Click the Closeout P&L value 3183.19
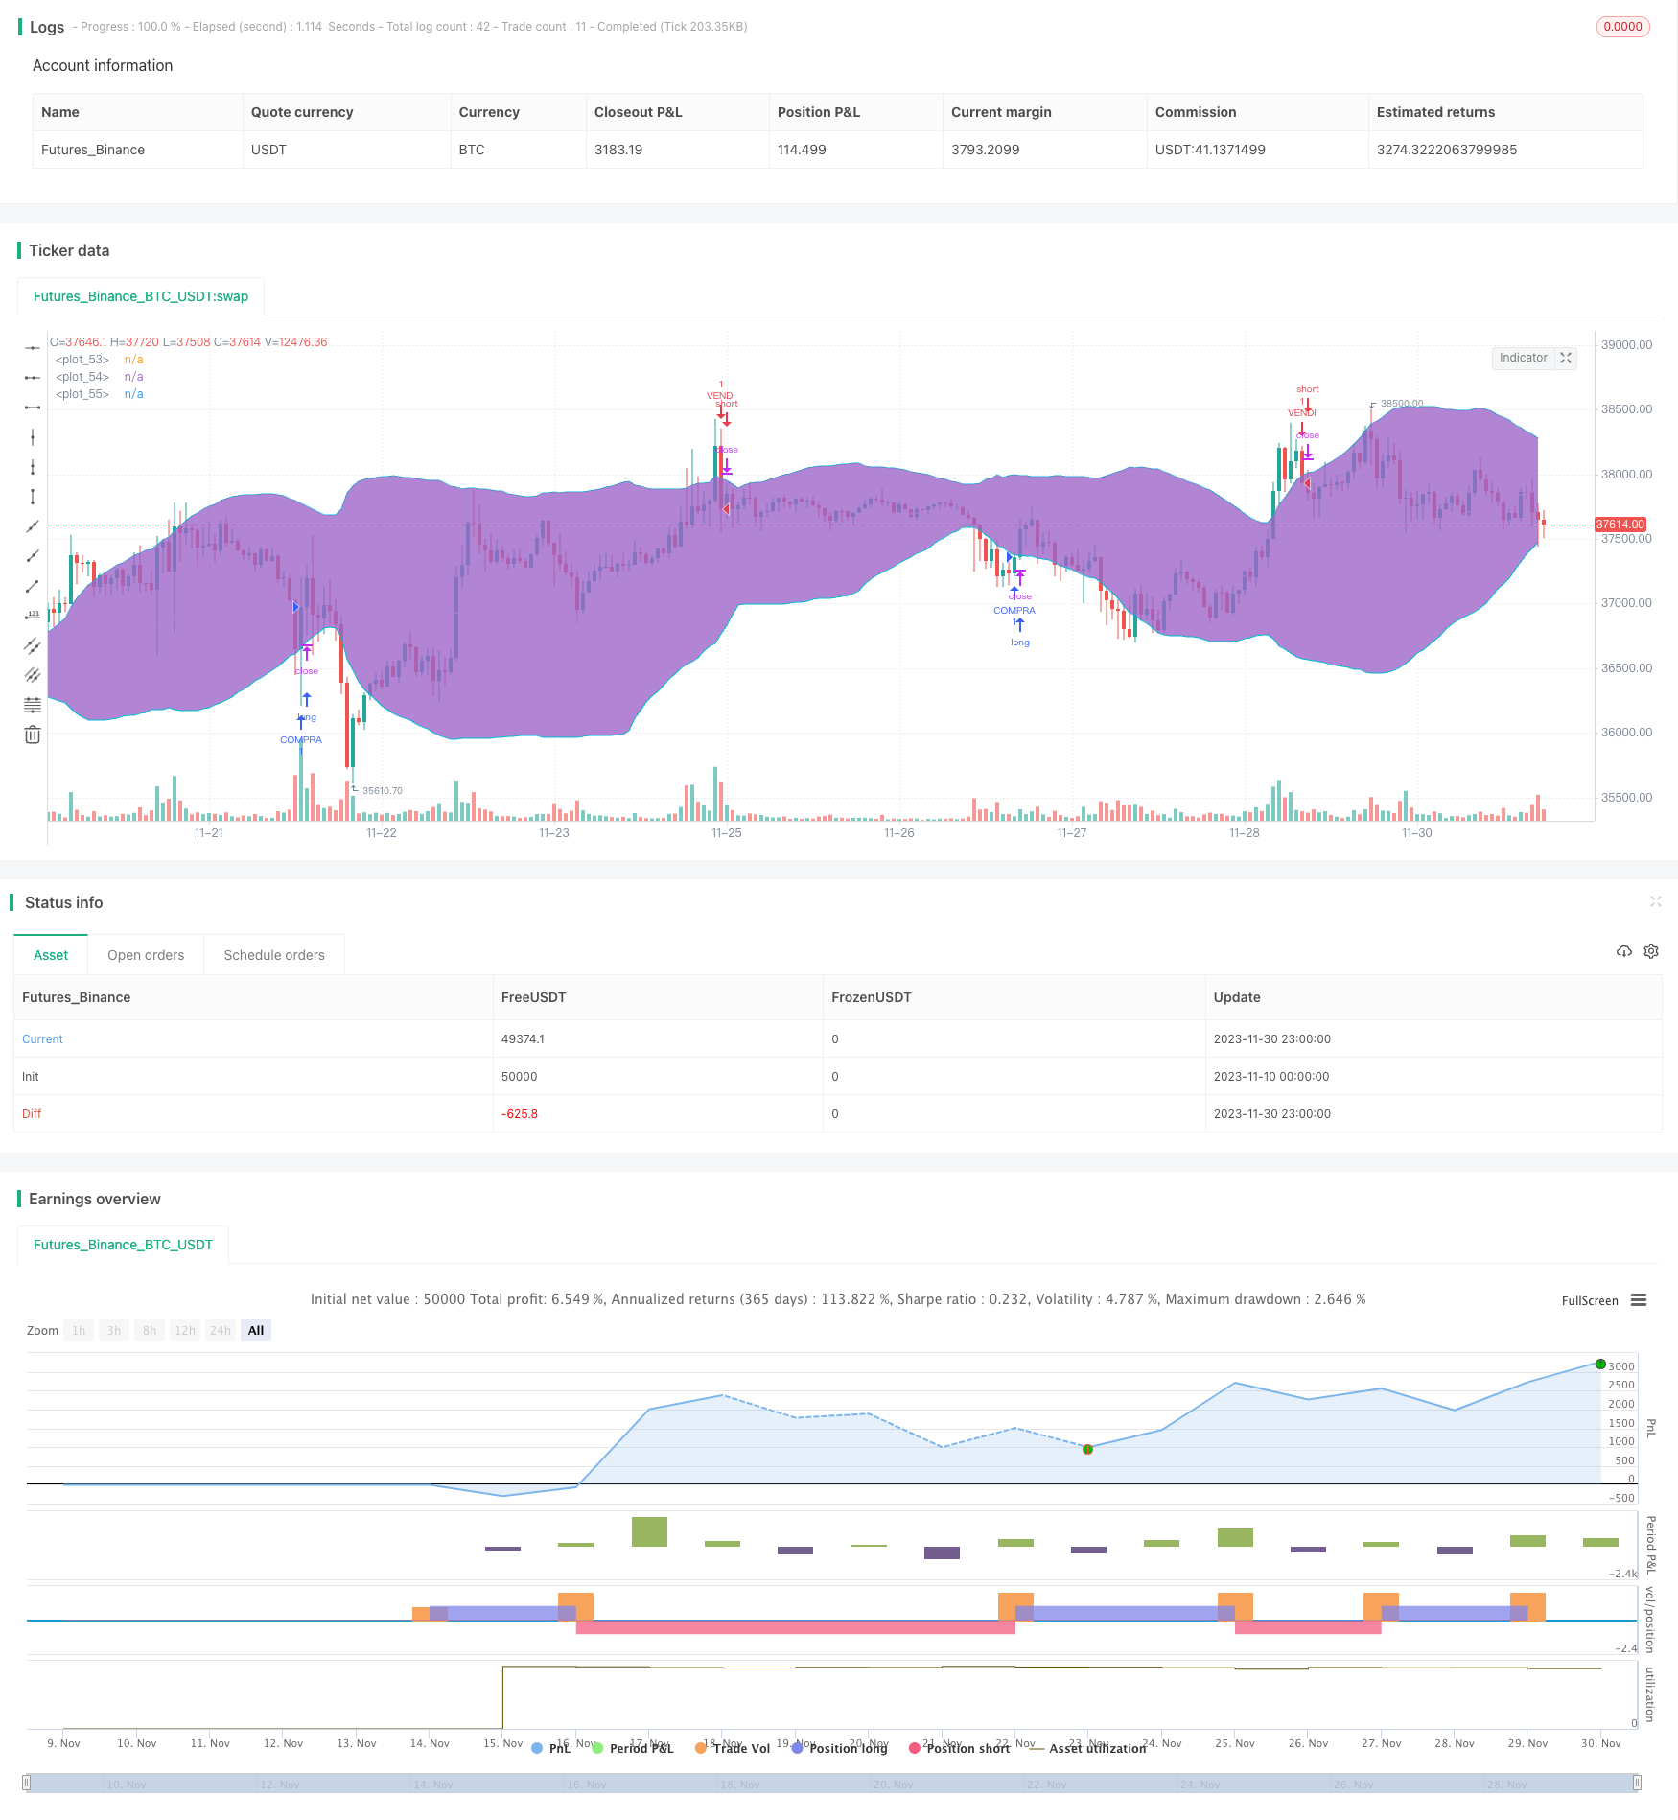(x=618, y=150)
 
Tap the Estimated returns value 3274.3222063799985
(x=1446, y=150)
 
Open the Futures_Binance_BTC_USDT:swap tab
(x=141, y=296)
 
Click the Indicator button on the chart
(x=1523, y=358)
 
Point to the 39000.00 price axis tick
(x=1626, y=345)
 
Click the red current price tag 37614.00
(x=1620, y=525)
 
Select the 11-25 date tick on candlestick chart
(x=726, y=833)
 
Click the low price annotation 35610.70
(x=382, y=791)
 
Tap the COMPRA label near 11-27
(x=1014, y=611)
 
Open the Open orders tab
(x=146, y=955)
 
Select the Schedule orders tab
(x=274, y=955)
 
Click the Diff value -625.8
(x=520, y=1114)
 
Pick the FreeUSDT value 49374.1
(x=523, y=1039)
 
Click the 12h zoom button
(x=185, y=1331)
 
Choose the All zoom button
(x=256, y=1331)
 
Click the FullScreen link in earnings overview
(x=1589, y=1301)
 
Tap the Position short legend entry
(x=967, y=1749)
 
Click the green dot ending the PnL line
(x=1599, y=1364)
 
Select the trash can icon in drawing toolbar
(x=33, y=735)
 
